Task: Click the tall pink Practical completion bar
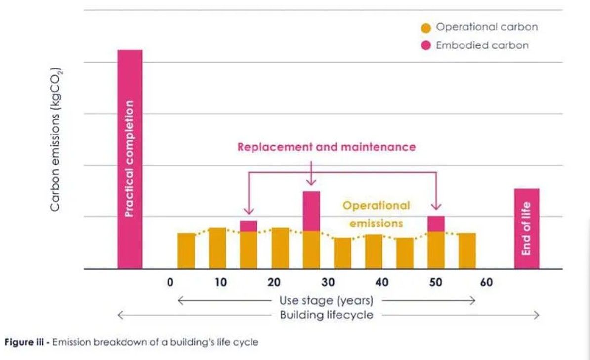point(129,158)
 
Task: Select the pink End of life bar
point(527,228)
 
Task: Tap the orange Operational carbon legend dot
point(426,28)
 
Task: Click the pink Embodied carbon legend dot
point(426,45)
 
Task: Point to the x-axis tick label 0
point(170,283)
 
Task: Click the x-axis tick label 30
point(328,283)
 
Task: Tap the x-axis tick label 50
point(435,283)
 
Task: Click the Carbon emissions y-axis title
point(56,140)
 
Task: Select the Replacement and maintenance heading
point(326,147)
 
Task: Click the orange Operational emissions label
point(376,214)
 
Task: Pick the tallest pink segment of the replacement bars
point(311,211)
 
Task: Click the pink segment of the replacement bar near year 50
point(436,224)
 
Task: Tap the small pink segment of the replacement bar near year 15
point(249,226)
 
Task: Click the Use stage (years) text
point(326,300)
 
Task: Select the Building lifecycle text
point(326,315)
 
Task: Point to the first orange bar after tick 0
point(186,250)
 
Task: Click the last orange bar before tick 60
point(467,250)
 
